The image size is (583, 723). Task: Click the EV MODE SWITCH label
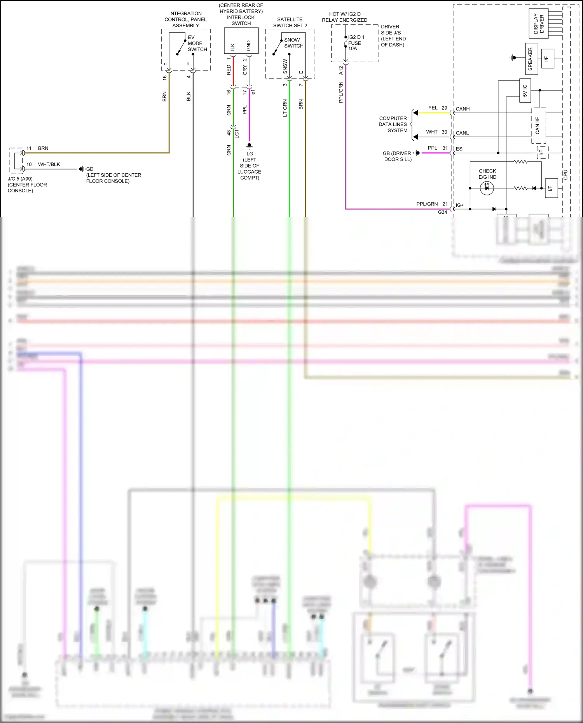click(x=197, y=44)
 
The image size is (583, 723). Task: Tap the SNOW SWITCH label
click(x=293, y=43)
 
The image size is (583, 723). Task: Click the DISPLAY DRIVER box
click(x=539, y=24)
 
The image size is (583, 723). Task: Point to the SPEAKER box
click(x=531, y=59)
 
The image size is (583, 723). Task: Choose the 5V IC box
click(x=525, y=91)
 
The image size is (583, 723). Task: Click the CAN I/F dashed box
click(x=538, y=125)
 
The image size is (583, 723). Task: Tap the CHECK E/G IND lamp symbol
click(x=487, y=188)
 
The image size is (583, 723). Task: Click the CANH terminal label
click(x=463, y=109)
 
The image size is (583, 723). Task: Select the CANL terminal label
click(x=462, y=133)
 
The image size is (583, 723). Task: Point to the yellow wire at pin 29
click(x=433, y=113)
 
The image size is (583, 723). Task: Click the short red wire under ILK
click(x=233, y=71)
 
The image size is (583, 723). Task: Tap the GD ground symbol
click(x=82, y=169)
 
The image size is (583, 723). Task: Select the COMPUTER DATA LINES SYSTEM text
click(x=393, y=124)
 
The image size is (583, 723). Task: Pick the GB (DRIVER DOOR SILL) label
click(x=397, y=156)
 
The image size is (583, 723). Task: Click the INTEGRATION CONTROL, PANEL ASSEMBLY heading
click(x=185, y=19)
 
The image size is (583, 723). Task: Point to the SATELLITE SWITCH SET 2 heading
click(x=290, y=23)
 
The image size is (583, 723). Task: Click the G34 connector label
click(x=442, y=213)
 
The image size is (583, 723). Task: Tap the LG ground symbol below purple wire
click(x=250, y=146)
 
